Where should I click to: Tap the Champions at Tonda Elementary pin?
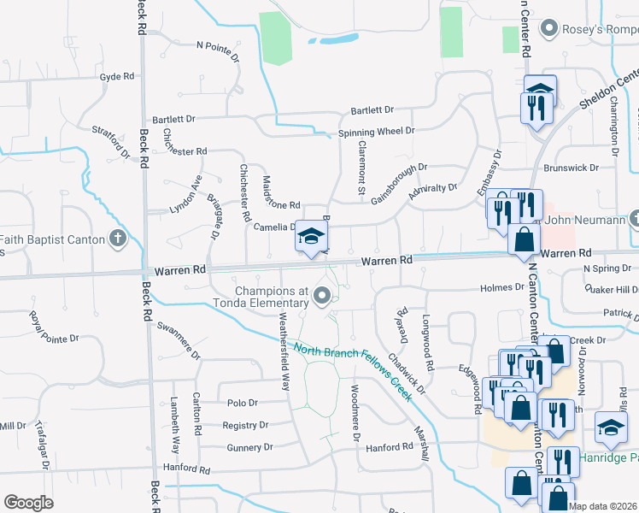pyautogui.click(x=322, y=297)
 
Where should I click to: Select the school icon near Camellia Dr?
pyautogui.click(x=312, y=237)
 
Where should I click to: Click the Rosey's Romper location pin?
pyautogui.click(x=551, y=28)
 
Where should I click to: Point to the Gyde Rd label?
pyautogui.click(x=117, y=76)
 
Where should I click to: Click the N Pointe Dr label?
pyautogui.click(x=216, y=46)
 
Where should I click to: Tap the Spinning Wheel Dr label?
pyautogui.click(x=376, y=131)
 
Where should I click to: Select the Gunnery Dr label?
pyautogui.click(x=249, y=447)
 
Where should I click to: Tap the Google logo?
pyautogui.click(x=28, y=503)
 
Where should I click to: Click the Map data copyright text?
pyautogui.click(x=602, y=506)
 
